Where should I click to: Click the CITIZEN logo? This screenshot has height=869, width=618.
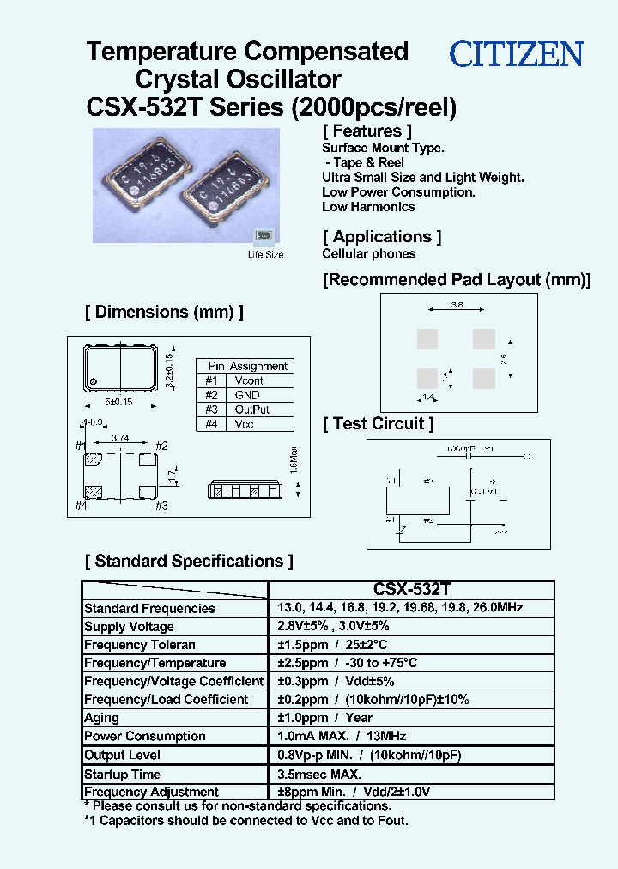[x=517, y=55]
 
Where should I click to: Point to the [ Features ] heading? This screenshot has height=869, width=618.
[x=367, y=131]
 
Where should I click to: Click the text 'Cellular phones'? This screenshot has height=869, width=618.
[x=368, y=253]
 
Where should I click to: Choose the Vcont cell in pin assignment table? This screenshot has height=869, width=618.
[x=249, y=380]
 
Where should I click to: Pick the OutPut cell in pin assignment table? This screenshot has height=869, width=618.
[x=251, y=410]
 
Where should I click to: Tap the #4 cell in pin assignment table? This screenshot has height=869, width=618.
[x=210, y=424]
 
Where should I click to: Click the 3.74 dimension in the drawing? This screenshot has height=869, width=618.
[x=120, y=438]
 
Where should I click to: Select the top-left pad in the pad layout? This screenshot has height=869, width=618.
[x=427, y=339]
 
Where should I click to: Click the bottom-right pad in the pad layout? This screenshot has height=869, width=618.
[x=484, y=378]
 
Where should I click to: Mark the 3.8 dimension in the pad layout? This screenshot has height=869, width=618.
[x=457, y=305]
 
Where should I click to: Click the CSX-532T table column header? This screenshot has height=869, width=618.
[x=411, y=590]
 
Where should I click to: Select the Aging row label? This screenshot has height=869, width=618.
[x=102, y=718]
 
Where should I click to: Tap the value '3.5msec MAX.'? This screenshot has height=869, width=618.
[x=318, y=773]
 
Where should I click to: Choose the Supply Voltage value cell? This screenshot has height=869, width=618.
[x=333, y=626]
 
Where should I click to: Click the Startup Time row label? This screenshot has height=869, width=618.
[x=122, y=774]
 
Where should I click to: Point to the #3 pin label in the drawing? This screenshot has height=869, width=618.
[x=161, y=506]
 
